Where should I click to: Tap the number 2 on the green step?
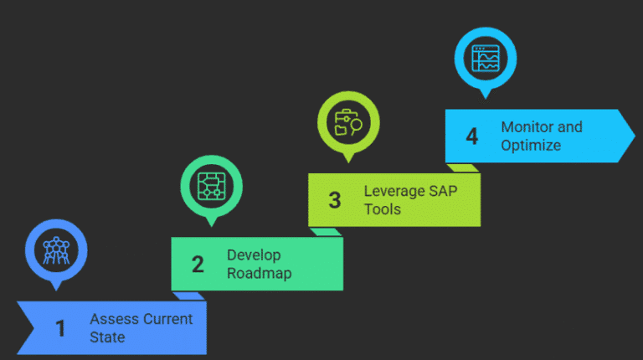pyautogui.click(x=198, y=265)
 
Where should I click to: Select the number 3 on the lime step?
pyautogui.click(x=335, y=200)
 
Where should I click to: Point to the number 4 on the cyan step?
pyautogui.click(x=472, y=136)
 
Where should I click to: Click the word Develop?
pyautogui.click(x=254, y=255)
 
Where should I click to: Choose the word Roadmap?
pyautogui.click(x=260, y=274)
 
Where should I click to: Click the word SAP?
pyautogui.click(x=444, y=191)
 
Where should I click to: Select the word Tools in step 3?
pyautogui.click(x=383, y=209)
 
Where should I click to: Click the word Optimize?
pyautogui.click(x=531, y=145)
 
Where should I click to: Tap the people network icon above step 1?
pyautogui.click(x=57, y=248)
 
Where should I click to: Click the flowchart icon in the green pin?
pyautogui.click(x=212, y=184)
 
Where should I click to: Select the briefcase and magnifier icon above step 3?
pyautogui.click(x=348, y=121)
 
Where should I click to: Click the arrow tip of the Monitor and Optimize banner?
pyautogui.click(x=631, y=136)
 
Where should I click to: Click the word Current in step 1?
pyautogui.click(x=167, y=320)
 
